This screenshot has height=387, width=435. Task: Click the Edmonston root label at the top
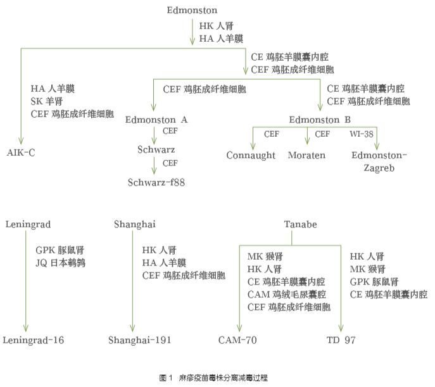click(192, 10)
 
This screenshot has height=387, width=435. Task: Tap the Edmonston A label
click(156, 119)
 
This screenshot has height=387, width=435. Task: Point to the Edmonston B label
click(320, 119)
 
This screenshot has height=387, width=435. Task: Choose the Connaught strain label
click(251, 155)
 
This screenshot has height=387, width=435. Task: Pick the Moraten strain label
click(308, 155)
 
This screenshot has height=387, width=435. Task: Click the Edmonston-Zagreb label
click(379, 162)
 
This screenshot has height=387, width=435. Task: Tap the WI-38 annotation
click(361, 134)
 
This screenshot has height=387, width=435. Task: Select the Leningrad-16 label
click(34, 340)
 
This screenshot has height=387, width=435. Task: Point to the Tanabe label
click(300, 225)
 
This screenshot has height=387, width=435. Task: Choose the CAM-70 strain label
click(237, 340)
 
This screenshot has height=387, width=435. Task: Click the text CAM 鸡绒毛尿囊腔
click(286, 294)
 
